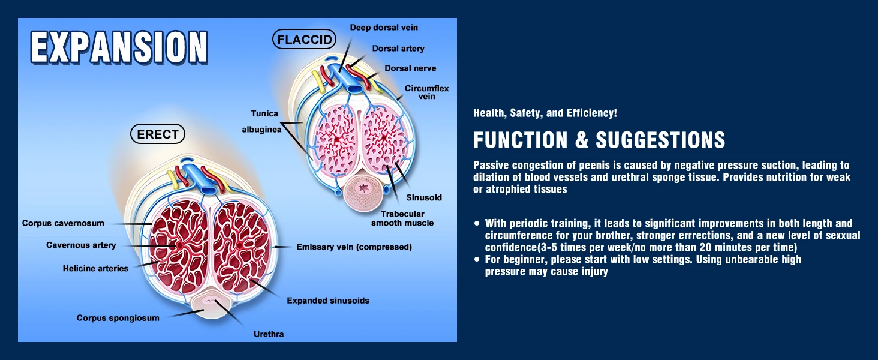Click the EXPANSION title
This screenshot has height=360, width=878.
coord(119,47)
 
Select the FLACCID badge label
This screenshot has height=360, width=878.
coord(304,40)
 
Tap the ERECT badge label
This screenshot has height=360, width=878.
coord(158,134)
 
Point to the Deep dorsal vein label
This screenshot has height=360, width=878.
coord(384,28)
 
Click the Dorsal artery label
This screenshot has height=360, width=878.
coord(398,49)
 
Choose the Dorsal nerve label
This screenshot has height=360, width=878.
coord(410,68)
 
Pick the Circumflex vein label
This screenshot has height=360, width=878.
coord(426,92)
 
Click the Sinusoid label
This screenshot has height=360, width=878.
coord(423,197)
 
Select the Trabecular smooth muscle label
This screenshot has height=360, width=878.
coord(402,218)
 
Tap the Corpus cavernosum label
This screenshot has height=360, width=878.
coord(63,223)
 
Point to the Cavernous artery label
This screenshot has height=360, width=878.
coord(81,245)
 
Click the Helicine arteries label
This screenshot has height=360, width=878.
coord(95,268)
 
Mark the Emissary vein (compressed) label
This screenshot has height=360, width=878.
coord(354,247)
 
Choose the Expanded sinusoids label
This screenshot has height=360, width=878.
coord(327,300)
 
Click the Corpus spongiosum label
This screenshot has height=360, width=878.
coord(118,318)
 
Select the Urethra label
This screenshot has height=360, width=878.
coord(269,334)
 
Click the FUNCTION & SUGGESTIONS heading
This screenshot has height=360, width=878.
coord(599,140)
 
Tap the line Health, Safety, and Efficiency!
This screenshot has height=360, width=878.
coord(545,113)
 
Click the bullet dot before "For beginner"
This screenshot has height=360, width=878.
coord(477,259)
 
